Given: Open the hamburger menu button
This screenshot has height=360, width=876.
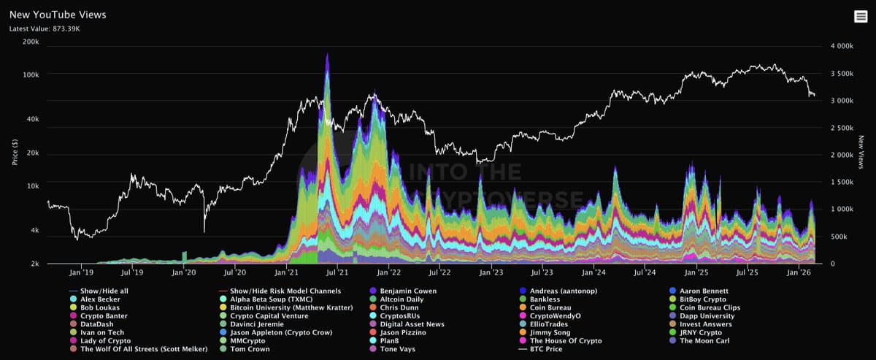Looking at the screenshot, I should (861, 17).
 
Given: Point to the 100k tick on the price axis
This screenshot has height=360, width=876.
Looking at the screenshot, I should (30, 74).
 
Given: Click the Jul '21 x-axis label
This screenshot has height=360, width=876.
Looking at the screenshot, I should (337, 272).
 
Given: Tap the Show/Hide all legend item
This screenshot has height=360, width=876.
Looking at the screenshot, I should (104, 291).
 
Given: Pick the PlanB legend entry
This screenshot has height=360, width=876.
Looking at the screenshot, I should (393, 340).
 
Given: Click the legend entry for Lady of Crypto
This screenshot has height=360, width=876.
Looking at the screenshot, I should (105, 340).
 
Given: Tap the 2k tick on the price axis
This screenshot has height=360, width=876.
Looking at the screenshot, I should (34, 264).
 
